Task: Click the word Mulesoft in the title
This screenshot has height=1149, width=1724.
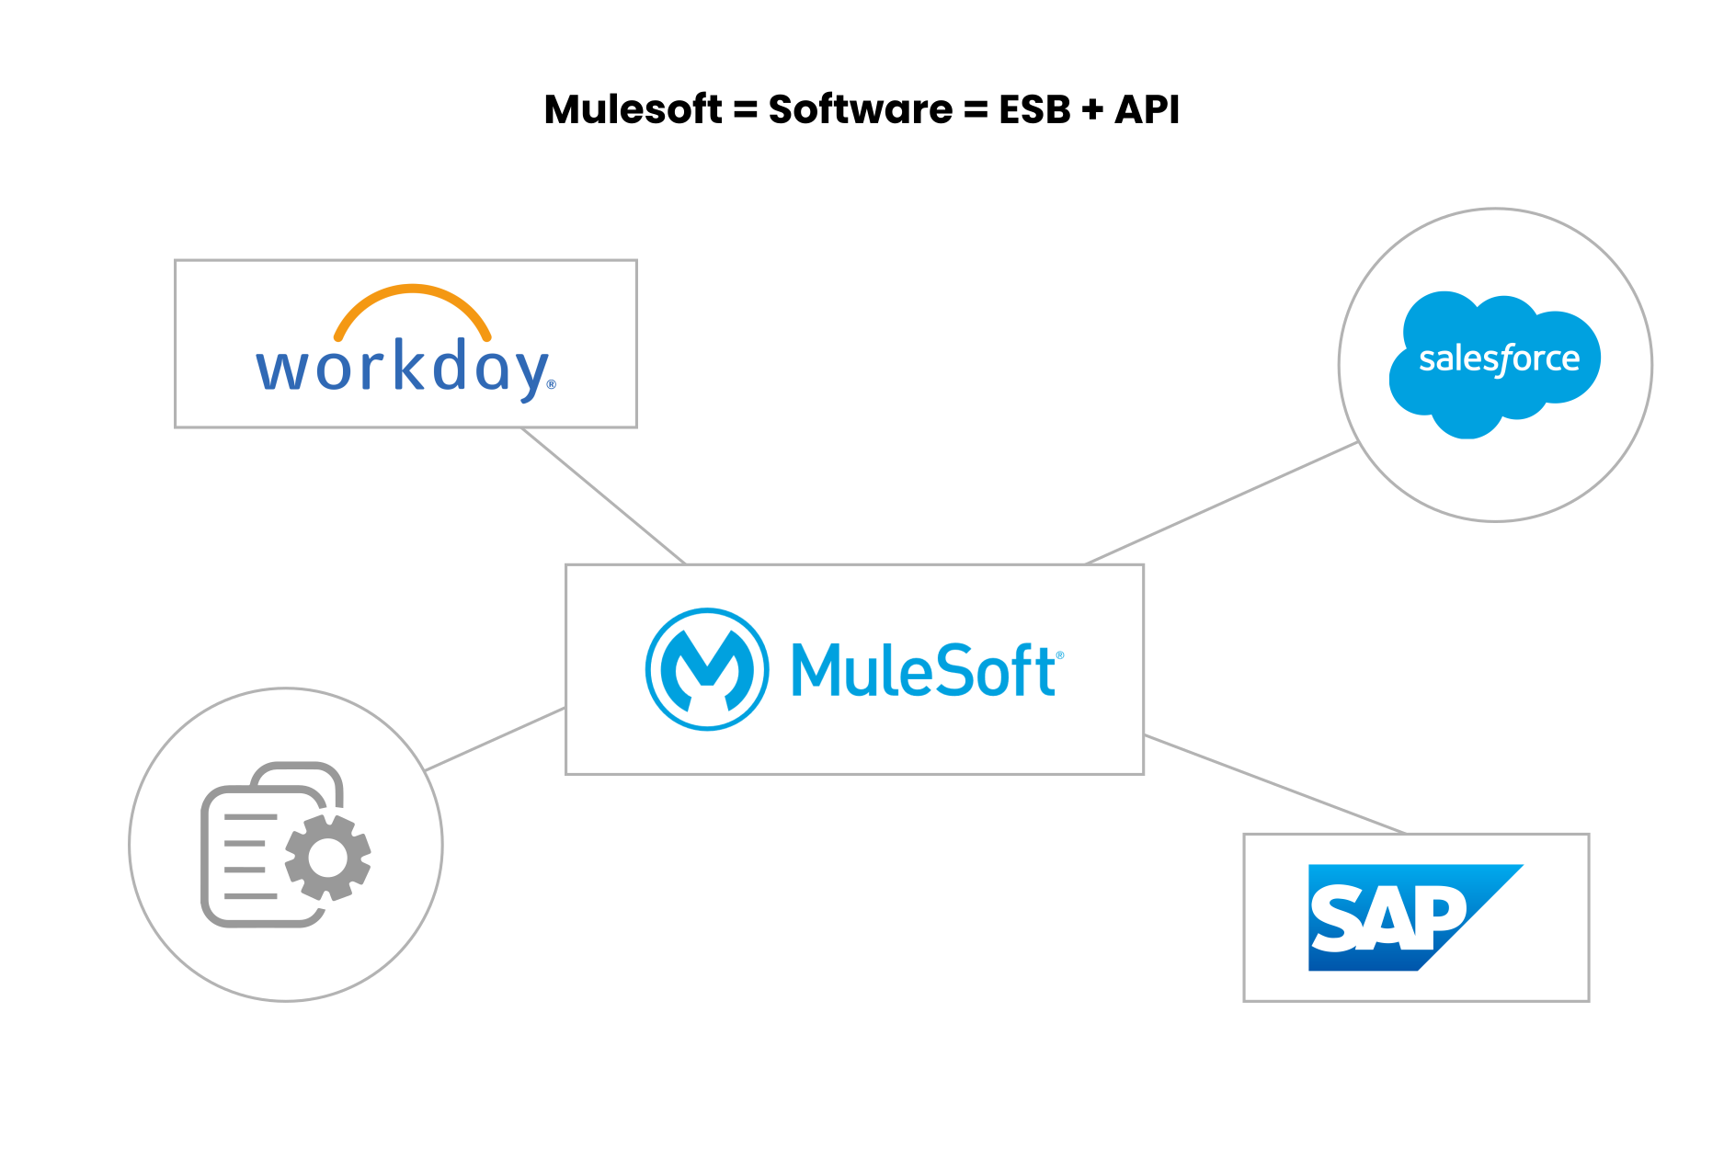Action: pos(633,109)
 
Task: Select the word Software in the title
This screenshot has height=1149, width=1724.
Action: pos(861,109)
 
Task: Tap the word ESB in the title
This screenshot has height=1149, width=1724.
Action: pos(1034,109)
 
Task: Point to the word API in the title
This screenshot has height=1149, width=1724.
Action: pos(1147,109)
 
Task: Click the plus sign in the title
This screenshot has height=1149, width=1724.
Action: pos(1092,110)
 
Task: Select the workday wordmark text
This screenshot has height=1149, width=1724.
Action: pos(403,369)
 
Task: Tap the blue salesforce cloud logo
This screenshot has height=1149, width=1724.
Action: pos(1495,363)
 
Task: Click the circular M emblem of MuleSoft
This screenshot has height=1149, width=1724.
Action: pos(707,669)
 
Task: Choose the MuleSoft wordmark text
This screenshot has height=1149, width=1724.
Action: pos(922,670)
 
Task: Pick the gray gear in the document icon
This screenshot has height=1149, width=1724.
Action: pos(328,858)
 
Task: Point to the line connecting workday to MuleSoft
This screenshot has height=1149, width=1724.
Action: pos(603,495)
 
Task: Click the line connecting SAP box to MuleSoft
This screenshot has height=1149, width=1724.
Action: pos(1274,784)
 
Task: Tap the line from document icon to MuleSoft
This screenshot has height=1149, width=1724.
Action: pos(496,739)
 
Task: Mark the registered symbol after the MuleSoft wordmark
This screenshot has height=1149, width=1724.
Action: pos(1060,655)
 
